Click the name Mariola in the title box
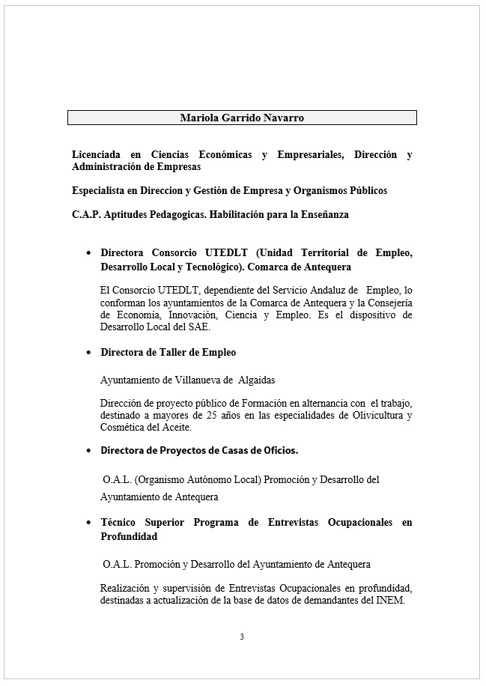click(x=197, y=118)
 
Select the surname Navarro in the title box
click(x=283, y=118)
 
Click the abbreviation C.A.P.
click(x=85, y=214)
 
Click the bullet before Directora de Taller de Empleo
click(x=90, y=352)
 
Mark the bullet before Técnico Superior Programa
click(x=90, y=523)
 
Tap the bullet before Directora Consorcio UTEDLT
click(x=90, y=253)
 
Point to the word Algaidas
click(x=255, y=380)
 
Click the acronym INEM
click(x=389, y=598)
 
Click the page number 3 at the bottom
click(x=242, y=637)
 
